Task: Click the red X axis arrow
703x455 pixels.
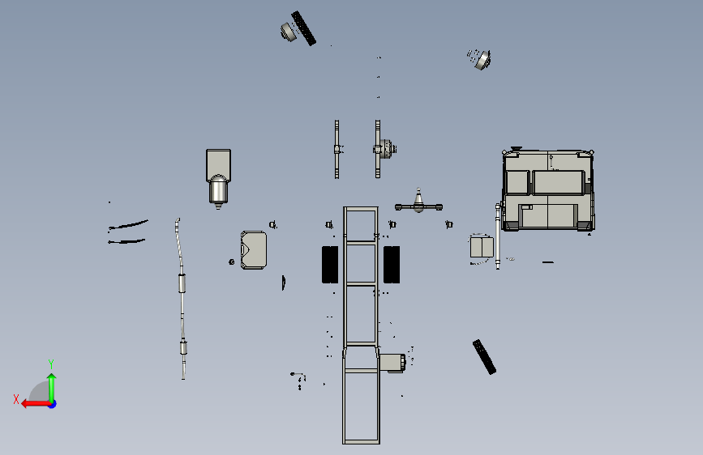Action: point(36,404)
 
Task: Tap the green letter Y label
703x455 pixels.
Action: point(51,364)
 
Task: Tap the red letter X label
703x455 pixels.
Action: point(16,399)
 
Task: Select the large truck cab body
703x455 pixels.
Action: point(548,190)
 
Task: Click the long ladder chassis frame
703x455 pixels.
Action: point(361,325)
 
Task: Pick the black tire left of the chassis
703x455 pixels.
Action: point(330,264)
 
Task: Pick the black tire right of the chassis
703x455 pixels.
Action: point(392,264)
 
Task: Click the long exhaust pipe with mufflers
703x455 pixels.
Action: point(181,299)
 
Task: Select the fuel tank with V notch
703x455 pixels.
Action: point(254,250)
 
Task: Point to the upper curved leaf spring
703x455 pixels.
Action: point(129,224)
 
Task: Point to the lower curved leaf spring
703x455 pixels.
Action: point(126,241)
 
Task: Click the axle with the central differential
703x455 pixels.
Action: point(418,206)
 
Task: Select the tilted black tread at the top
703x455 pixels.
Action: point(303,28)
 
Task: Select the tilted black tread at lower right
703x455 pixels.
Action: point(484,357)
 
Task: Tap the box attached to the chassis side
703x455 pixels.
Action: point(392,363)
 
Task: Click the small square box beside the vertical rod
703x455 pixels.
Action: point(482,247)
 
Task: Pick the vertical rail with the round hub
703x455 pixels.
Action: point(378,149)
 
